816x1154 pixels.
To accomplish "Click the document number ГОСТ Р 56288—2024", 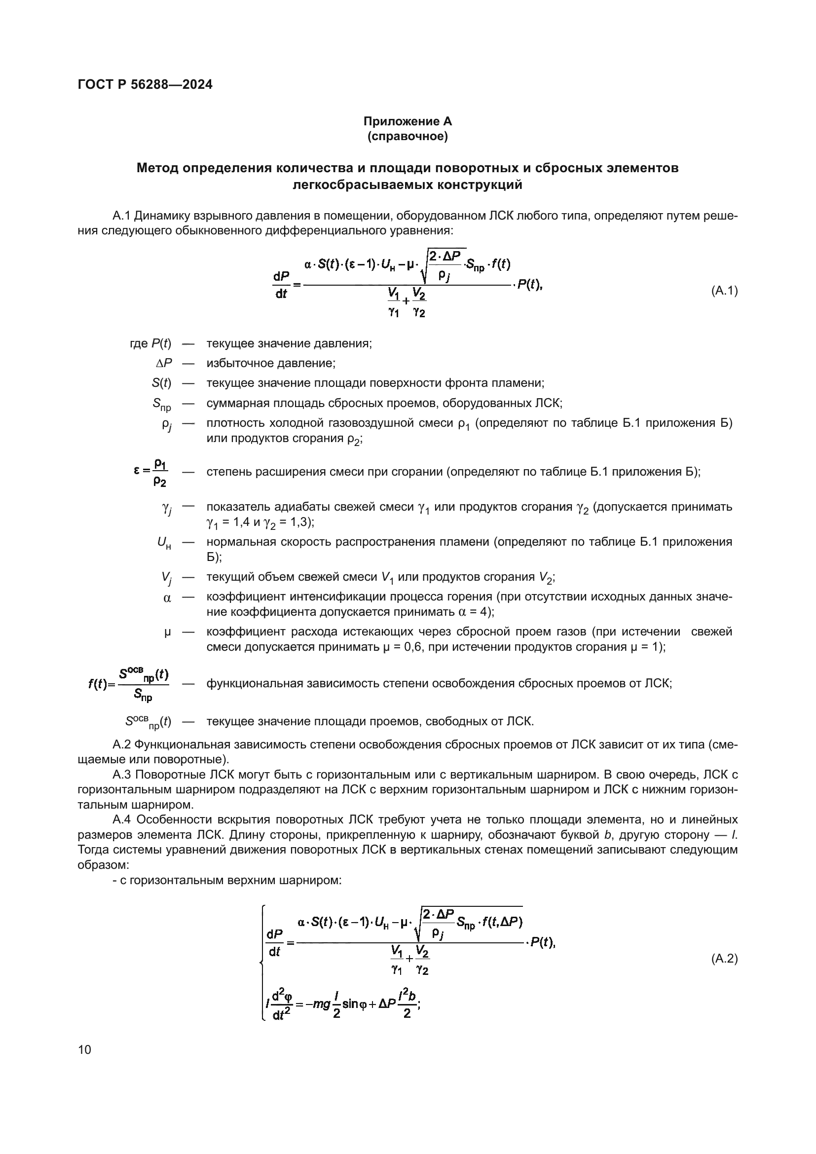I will click(x=145, y=84).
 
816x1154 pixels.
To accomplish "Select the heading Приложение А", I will click(x=408, y=121).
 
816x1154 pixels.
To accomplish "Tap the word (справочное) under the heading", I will click(x=408, y=136).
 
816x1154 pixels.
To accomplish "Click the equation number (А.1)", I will click(x=724, y=291).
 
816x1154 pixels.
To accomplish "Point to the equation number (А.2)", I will click(x=724, y=959).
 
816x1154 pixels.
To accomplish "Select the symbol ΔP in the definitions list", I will click(x=164, y=364).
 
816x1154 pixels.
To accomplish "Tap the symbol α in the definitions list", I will click(x=167, y=598).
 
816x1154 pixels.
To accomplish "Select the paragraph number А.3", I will click(x=121, y=775).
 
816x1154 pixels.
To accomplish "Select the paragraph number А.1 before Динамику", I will click(x=121, y=216).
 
